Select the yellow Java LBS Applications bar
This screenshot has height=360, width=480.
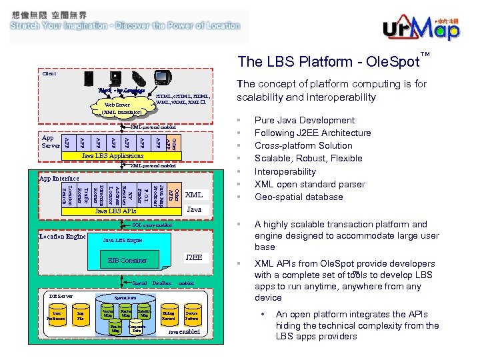coord(112,156)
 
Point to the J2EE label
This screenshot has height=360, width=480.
coord(194,257)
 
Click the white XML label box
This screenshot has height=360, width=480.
coord(194,195)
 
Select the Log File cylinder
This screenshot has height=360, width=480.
coord(80,315)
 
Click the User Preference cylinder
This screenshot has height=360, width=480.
coord(57,315)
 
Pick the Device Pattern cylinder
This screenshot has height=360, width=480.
coord(191,315)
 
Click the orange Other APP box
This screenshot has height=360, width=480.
coord(171,141)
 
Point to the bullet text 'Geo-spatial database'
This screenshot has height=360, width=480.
coord(299,197)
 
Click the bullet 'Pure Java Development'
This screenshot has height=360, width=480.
coord(305,120)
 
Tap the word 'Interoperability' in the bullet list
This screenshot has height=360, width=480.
coord(285,171)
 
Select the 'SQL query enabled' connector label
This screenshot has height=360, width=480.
coord(152,226)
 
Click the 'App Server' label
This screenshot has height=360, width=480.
coord(51,141)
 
